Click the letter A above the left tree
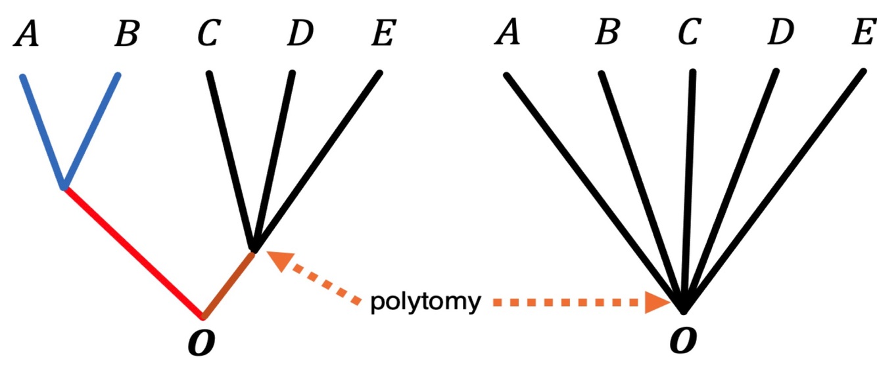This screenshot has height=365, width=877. pos(26,34)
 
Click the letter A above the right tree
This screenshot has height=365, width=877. pos(507,33)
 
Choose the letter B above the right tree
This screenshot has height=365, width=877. pos(606,33)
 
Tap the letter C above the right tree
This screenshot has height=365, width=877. pos(688,33)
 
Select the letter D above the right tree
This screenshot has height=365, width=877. pos(780,33)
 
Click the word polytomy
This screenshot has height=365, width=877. pos(425,303)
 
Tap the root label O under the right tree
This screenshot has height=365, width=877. pos(682,342)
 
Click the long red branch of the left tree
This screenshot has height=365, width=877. pos(131,249)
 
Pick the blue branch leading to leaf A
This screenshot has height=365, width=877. pos(43,131)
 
